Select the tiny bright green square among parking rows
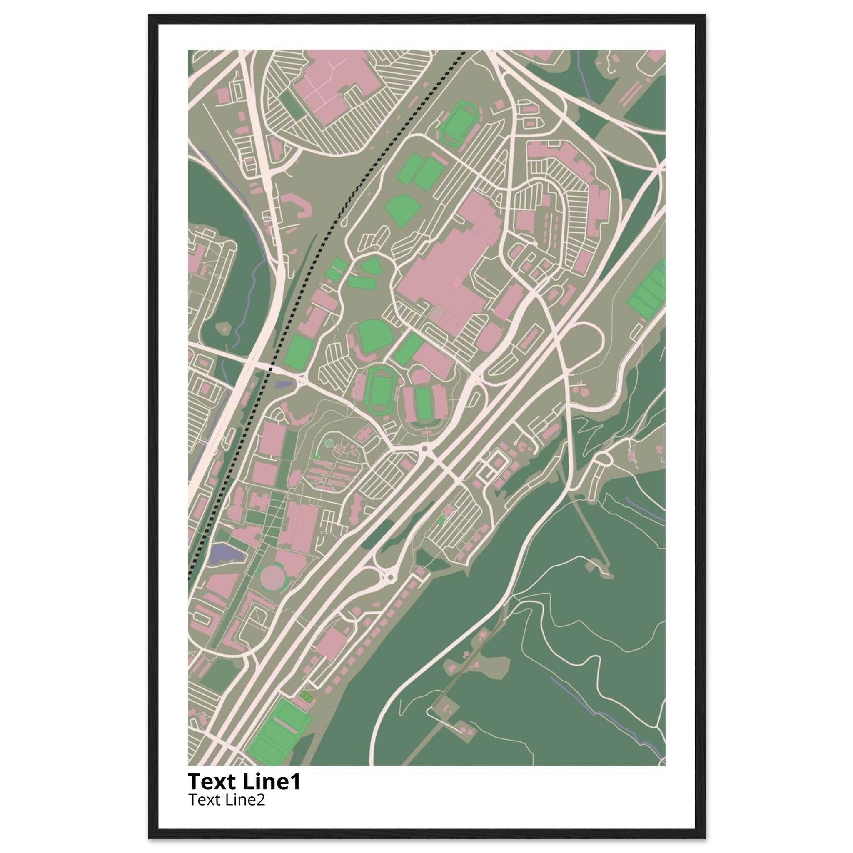440,521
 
